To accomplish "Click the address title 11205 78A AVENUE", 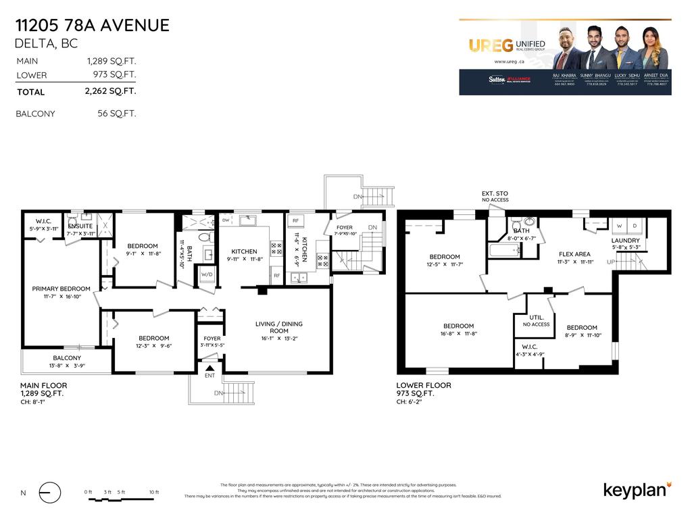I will (x=92, y=26).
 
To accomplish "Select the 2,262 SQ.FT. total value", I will (x=116, y=91).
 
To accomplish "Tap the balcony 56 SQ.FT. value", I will (x=116, y=114).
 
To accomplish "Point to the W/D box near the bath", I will (x=206, y=274).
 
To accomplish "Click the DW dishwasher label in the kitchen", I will (x=226, y=220).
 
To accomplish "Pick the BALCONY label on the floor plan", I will (x=67, y=358).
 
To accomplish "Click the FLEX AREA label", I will (x=575, y=254).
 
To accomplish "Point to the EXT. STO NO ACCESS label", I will (x=495, y=197).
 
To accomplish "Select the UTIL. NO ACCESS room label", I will (x=536, y=320).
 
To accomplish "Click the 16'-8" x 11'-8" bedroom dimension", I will (x=458, y=333).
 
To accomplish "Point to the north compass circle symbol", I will (x=49, y=493).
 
